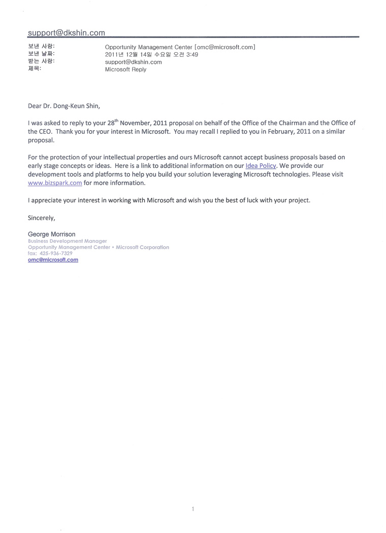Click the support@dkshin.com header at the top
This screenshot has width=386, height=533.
67,32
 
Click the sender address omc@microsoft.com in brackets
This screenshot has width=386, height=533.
225,47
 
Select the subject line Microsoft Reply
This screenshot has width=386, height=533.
125,69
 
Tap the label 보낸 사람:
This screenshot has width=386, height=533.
41,47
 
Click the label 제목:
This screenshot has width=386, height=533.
35,69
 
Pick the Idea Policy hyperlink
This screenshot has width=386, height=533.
261,166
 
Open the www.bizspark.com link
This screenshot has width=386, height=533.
55,183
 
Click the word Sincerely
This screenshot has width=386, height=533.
41,218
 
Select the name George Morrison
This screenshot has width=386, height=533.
52,234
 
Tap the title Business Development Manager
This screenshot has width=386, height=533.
67,241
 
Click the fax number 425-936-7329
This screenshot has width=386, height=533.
57,253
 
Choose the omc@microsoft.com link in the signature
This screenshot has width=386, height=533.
53,260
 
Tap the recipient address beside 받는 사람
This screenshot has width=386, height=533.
133,62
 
